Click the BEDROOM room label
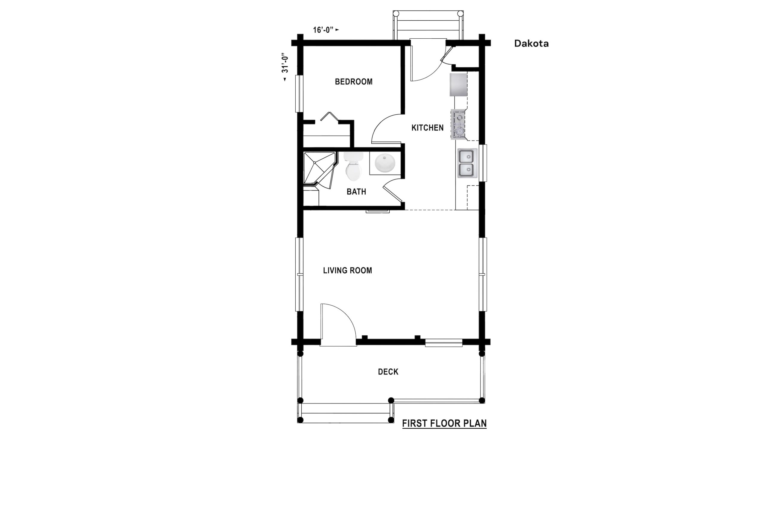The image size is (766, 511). (354, 81)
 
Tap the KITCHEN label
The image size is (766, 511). (427, 128)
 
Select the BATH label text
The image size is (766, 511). (356, 192)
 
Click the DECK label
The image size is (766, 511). (388, 372)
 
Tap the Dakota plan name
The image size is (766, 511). (531, 43)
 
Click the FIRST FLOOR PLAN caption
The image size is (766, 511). (444, 423)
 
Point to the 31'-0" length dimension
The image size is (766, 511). (285, 67)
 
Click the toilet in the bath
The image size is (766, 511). (353, 166)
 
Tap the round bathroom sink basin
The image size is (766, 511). (385, 163)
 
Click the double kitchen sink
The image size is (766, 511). (467, 163)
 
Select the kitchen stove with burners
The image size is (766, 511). (458, 125)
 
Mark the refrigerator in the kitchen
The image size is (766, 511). (459, 85)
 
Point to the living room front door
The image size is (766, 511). (338, 325)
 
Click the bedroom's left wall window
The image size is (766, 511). (299, 94)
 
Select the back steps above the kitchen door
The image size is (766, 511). (428, 25)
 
